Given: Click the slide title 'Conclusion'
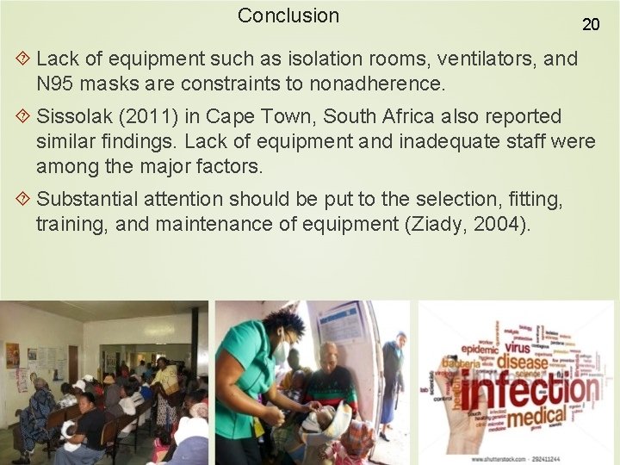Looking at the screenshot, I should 288,15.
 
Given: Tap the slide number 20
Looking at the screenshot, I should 591,24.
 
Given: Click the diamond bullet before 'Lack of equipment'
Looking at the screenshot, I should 23,59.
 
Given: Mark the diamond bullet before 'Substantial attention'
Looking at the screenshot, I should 23,200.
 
